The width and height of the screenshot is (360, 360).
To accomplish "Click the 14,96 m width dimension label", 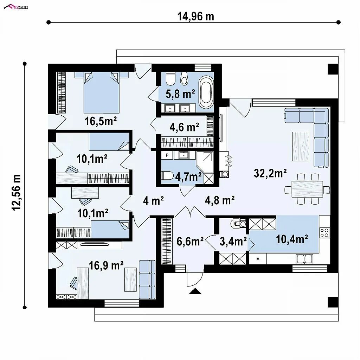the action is tap(195, 17).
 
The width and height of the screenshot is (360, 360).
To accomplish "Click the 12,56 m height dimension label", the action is tap(17, 192).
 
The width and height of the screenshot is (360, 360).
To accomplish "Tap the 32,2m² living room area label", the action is tap(270, 173).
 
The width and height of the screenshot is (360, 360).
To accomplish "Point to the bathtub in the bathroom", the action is tap(206, 92).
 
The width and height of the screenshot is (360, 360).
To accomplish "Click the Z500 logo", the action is tap(16, 7).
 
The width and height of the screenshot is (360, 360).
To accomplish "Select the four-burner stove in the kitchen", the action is tap(324, 233).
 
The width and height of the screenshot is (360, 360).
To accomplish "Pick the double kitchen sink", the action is tap(304, 259).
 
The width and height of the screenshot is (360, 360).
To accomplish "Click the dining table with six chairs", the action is tap(307, 189).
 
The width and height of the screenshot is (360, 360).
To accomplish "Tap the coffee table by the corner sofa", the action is tap(301, 146).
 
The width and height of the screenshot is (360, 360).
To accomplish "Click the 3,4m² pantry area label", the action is tap(233, 241).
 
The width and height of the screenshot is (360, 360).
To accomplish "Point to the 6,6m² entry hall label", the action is tap(190, 241).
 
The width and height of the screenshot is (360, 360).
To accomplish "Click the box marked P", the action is tap(167, 155).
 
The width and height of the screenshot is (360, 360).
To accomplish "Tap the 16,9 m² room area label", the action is tap(106, 265).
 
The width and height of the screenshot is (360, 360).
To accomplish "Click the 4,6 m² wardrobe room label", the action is tap(184, 127).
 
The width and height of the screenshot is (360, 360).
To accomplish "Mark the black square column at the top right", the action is tap(333, 69).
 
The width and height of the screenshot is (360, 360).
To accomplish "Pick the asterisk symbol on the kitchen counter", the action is tap(258, 259).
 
